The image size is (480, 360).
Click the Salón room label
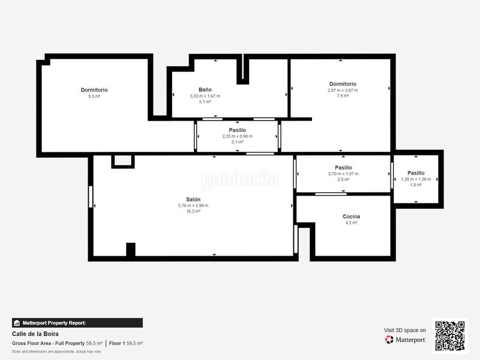193,199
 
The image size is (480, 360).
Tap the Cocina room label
351,216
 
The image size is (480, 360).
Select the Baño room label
205,89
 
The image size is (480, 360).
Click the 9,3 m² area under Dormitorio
94,96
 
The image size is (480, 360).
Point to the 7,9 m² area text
343,96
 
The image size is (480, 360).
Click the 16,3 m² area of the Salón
193,211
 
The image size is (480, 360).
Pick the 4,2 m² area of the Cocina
351,223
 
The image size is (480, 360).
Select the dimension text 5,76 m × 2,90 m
193,205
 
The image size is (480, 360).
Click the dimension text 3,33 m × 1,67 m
205,96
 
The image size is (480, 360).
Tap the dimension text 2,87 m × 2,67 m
343,90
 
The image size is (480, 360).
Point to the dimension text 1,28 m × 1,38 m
416,179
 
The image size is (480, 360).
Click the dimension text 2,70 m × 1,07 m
343,173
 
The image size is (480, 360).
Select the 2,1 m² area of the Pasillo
238,142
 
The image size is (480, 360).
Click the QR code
450,336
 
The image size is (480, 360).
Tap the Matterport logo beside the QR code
406,340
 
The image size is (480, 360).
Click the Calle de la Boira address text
35,334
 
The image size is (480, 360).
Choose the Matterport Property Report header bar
77,323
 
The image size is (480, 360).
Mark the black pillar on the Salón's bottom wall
131,250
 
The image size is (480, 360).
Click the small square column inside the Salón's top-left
123,161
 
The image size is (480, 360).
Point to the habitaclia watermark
240,179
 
